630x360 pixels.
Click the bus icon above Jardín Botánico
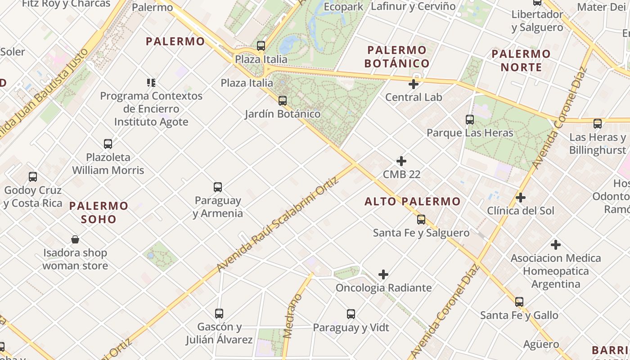point(283,101)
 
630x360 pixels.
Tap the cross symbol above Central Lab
point(414,84)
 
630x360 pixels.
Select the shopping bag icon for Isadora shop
point(75,239)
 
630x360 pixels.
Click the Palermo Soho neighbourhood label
point(99,212)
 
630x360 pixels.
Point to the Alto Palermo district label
point(413,201)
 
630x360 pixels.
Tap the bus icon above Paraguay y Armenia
point(218,187)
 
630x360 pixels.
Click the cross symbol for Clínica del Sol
point(521,198)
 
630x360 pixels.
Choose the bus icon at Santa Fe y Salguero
point(421,220)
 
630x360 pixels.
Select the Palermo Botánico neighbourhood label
point(397,57)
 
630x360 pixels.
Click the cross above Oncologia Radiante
point(383,274)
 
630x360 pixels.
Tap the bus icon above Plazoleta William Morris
point(108,144)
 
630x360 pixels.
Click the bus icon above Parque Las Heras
point(470,120)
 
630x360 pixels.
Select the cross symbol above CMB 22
point(401,161)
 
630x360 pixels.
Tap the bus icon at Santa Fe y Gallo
point(519,302)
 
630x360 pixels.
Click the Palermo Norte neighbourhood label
point(521,61)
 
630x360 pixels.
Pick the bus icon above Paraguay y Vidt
point(351,314)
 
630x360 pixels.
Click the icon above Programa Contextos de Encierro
point(151,82)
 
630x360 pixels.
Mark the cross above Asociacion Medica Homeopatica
point(556,245)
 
